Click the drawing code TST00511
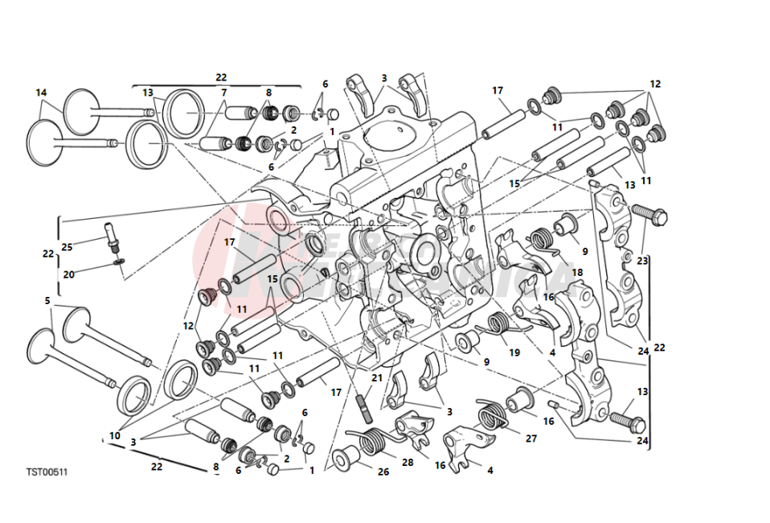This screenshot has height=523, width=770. [x=46, y=472]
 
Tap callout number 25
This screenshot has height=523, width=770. [x=68, y=246]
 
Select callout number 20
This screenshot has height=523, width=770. [x=69, y=274]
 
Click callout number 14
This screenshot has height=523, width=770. [x=41, y=93]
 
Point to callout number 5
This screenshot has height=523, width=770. [x=48, y=301]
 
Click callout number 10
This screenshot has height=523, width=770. [x=114, y=435]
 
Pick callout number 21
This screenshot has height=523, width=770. [x=377, y=377]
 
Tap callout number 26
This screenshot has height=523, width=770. [x=383, y=472]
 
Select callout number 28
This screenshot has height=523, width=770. [x=408, y=463]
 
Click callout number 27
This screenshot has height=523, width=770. [x=530, y=439]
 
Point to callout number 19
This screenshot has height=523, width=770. [x=514, y=353]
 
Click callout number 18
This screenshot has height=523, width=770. [x=576, y=274]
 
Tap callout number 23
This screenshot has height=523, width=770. [x=641, y=261]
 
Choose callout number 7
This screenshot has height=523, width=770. [x=224, y=93]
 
